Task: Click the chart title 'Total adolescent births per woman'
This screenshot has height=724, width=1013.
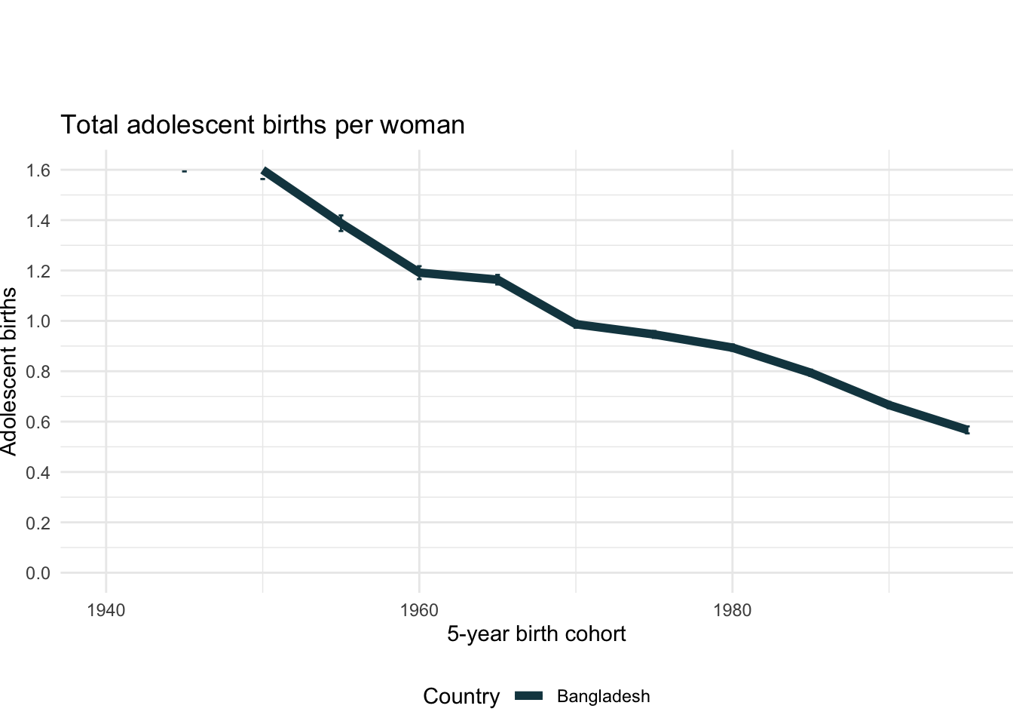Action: pos(262,124)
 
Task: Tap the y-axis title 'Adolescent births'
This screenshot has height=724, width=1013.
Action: pos(9,371)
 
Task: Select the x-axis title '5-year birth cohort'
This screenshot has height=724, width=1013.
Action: pos(536,633)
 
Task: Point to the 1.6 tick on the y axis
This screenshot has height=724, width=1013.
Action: pos(38,170)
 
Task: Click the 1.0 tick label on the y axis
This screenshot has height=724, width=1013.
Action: pos(38,321)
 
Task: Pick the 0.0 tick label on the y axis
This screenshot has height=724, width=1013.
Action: pos(38,573)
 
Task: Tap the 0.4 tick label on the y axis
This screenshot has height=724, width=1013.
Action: pos(38,472)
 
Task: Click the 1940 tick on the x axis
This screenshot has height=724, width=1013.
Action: pos(106,610)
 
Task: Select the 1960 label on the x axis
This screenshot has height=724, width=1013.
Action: pos(419,610)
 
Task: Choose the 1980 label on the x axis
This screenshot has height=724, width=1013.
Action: pos(732,610)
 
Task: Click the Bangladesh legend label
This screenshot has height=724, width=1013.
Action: pos(603,697)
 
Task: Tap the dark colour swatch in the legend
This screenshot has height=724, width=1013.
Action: pos(529,697)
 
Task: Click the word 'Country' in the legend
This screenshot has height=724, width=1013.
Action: pos(461,697)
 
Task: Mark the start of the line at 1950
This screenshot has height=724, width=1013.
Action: pos(263,171)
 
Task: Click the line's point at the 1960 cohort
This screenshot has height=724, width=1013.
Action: pos(419,272)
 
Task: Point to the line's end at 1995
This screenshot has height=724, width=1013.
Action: pos(967,430)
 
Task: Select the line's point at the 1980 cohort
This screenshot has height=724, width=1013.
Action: pos(732,348)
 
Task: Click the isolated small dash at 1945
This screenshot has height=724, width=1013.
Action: pos(184,171)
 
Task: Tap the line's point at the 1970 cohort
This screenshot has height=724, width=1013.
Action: pos(576,324)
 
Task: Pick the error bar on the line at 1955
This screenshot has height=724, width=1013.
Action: pos(341,222)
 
